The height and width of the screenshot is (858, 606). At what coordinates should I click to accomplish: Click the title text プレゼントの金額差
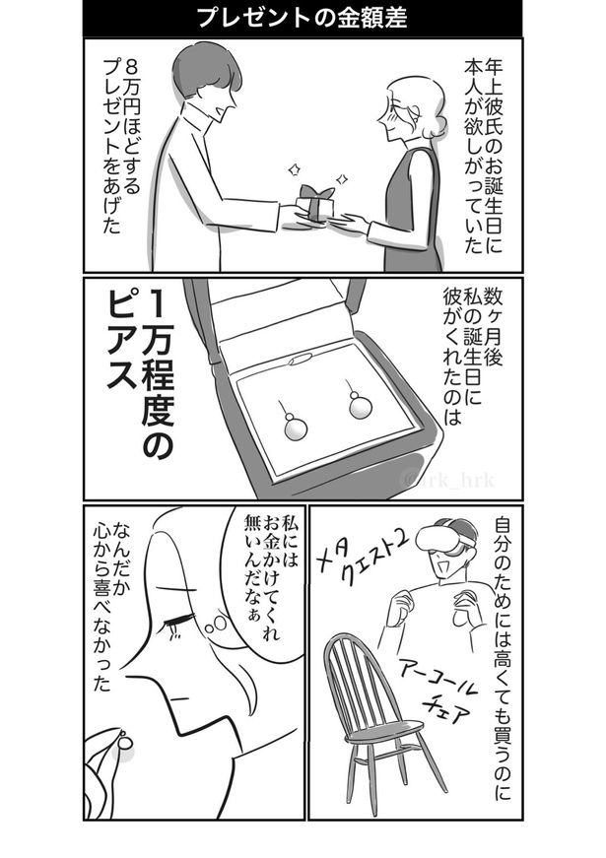(303, 19)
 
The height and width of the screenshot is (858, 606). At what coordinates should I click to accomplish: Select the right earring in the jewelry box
(358, 406)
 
